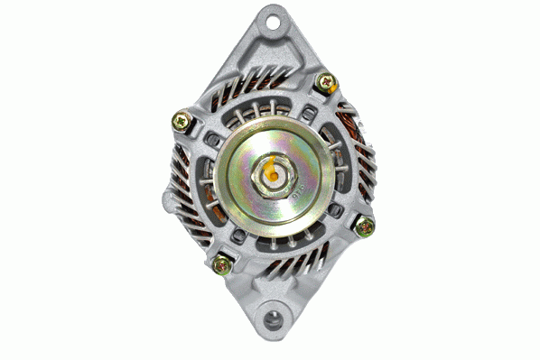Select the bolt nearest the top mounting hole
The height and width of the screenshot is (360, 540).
click(325, 82)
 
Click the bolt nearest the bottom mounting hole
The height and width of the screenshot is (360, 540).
click(221, 264)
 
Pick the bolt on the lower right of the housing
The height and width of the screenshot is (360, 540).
click(364, 226)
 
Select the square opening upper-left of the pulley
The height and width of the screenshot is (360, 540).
click(213, 138)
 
